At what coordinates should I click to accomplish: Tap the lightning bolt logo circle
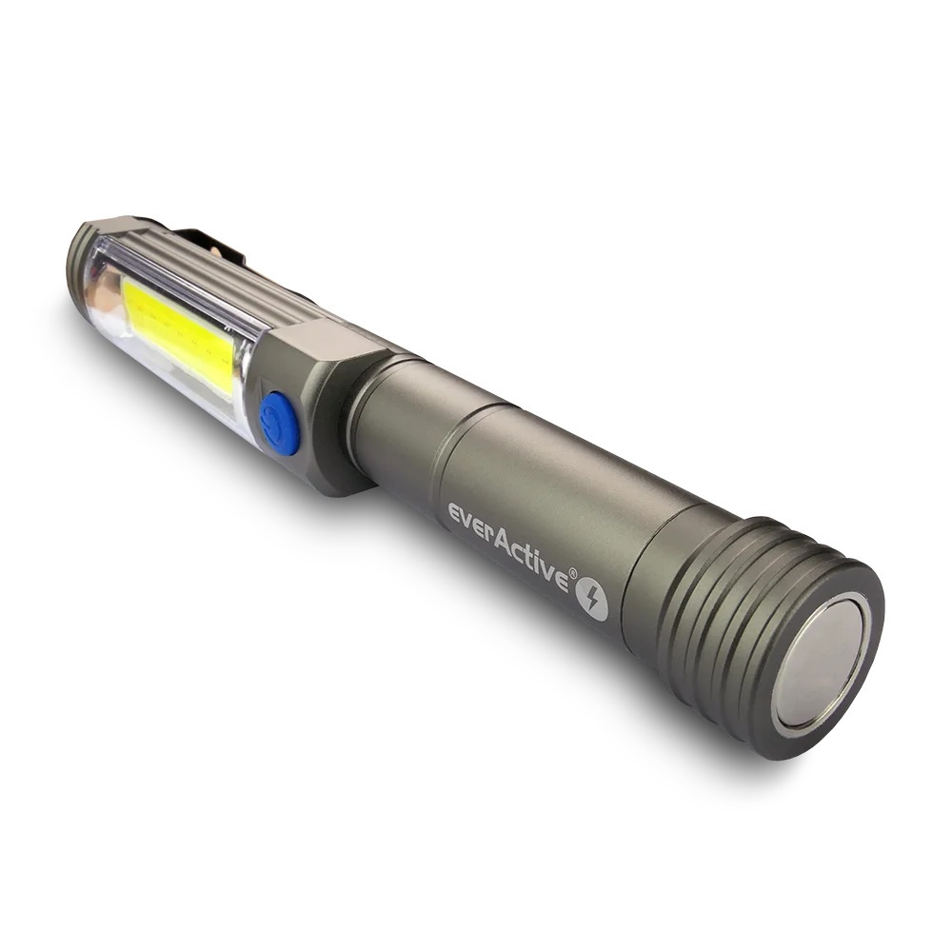(x=591, y=599)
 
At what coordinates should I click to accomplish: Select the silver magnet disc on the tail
(x=820, y=661)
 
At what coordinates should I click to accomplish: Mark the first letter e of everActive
(x=455, y=515)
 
